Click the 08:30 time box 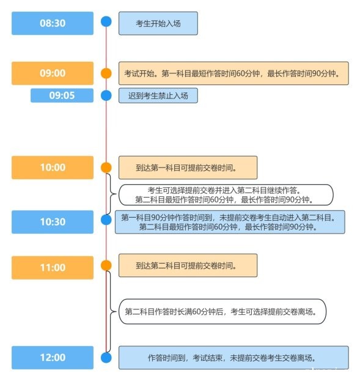pyautogui.click(x=53, y=23)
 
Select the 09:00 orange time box pyautogui.click(x=53, y=73)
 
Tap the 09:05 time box pyautogui.click(x=62, y=95)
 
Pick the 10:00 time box pyautogui.click(x=53, y=168)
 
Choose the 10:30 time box pyautogui.click(x=53, y=222)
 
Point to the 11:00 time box pyautogui.click(x=53, y=267)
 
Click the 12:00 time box pyautogui.click(x=53, y=358)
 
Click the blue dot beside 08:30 pyautogui.click(x=106, y=21)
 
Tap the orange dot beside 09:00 pyautogui.click(x=106, y=73)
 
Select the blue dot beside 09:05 pyautogui.click(x=106, y=95)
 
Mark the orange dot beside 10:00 pyautogui.click(x=106, y=168)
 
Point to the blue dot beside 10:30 pyautogui.click(x=106, y=220)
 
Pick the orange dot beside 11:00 pyautogui.click(x=106, y=265)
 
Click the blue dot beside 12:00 pyautogui.click(x=106, y=358)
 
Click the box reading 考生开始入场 pyautogui.click(x=158, y=23)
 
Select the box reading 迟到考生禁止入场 pyautogui.click(x=158, y=95)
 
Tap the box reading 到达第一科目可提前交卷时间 pyautogui.click(x=188, y=168)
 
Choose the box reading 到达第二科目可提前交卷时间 pyautogui.click(x=188, y=265)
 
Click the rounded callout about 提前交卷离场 pyautogui.click(x=222, y=311)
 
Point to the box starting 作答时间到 pyautogui.click(x=233, y=358)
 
